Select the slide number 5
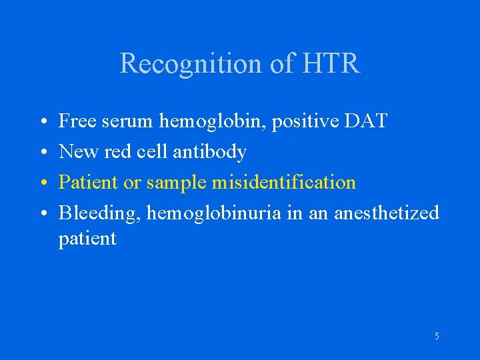[x=437, y=337]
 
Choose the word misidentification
[x=284, y=182]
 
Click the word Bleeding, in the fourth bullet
[x=99, y=213]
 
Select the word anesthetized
[x=387, y=213]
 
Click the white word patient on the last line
[x=87, y=239]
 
